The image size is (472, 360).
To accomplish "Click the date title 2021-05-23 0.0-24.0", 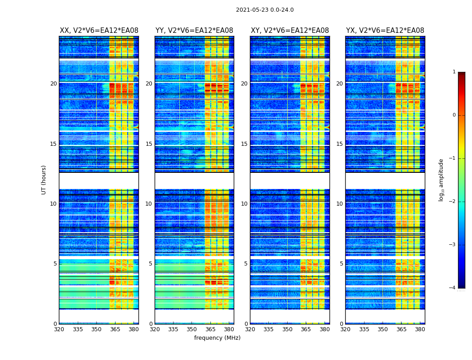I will tap(265, 10).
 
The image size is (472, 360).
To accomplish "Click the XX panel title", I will tap(99, 31).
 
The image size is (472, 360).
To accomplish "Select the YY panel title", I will tap(194, 31).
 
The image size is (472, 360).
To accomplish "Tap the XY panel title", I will tap(289, 31).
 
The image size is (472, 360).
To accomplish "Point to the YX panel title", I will tap(385, 31).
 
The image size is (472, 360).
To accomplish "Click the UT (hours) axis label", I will tap(44, 180).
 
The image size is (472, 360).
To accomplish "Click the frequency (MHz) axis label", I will tap(217, 338).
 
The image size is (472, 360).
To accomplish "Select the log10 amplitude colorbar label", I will tap(441, 180).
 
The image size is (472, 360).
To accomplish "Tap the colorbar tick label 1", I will tap(454, 72).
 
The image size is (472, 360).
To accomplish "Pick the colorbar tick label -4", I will tap(453, 288).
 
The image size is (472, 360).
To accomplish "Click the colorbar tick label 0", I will tap(454, 115).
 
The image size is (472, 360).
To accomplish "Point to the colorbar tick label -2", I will tap(453, 202).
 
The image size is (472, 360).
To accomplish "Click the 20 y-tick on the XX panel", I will tap(53, 84).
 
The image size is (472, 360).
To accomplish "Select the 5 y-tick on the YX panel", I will tap(342, 264).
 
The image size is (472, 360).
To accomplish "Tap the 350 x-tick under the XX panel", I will tap(96, 329).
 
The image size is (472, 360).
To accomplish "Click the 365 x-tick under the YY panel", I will tap(210, 329).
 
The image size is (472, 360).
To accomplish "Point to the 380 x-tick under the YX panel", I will tap(420, 329).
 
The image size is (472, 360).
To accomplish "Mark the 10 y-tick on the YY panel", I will tap(149, 204).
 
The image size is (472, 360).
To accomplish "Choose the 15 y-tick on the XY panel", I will tap(244, 144).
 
